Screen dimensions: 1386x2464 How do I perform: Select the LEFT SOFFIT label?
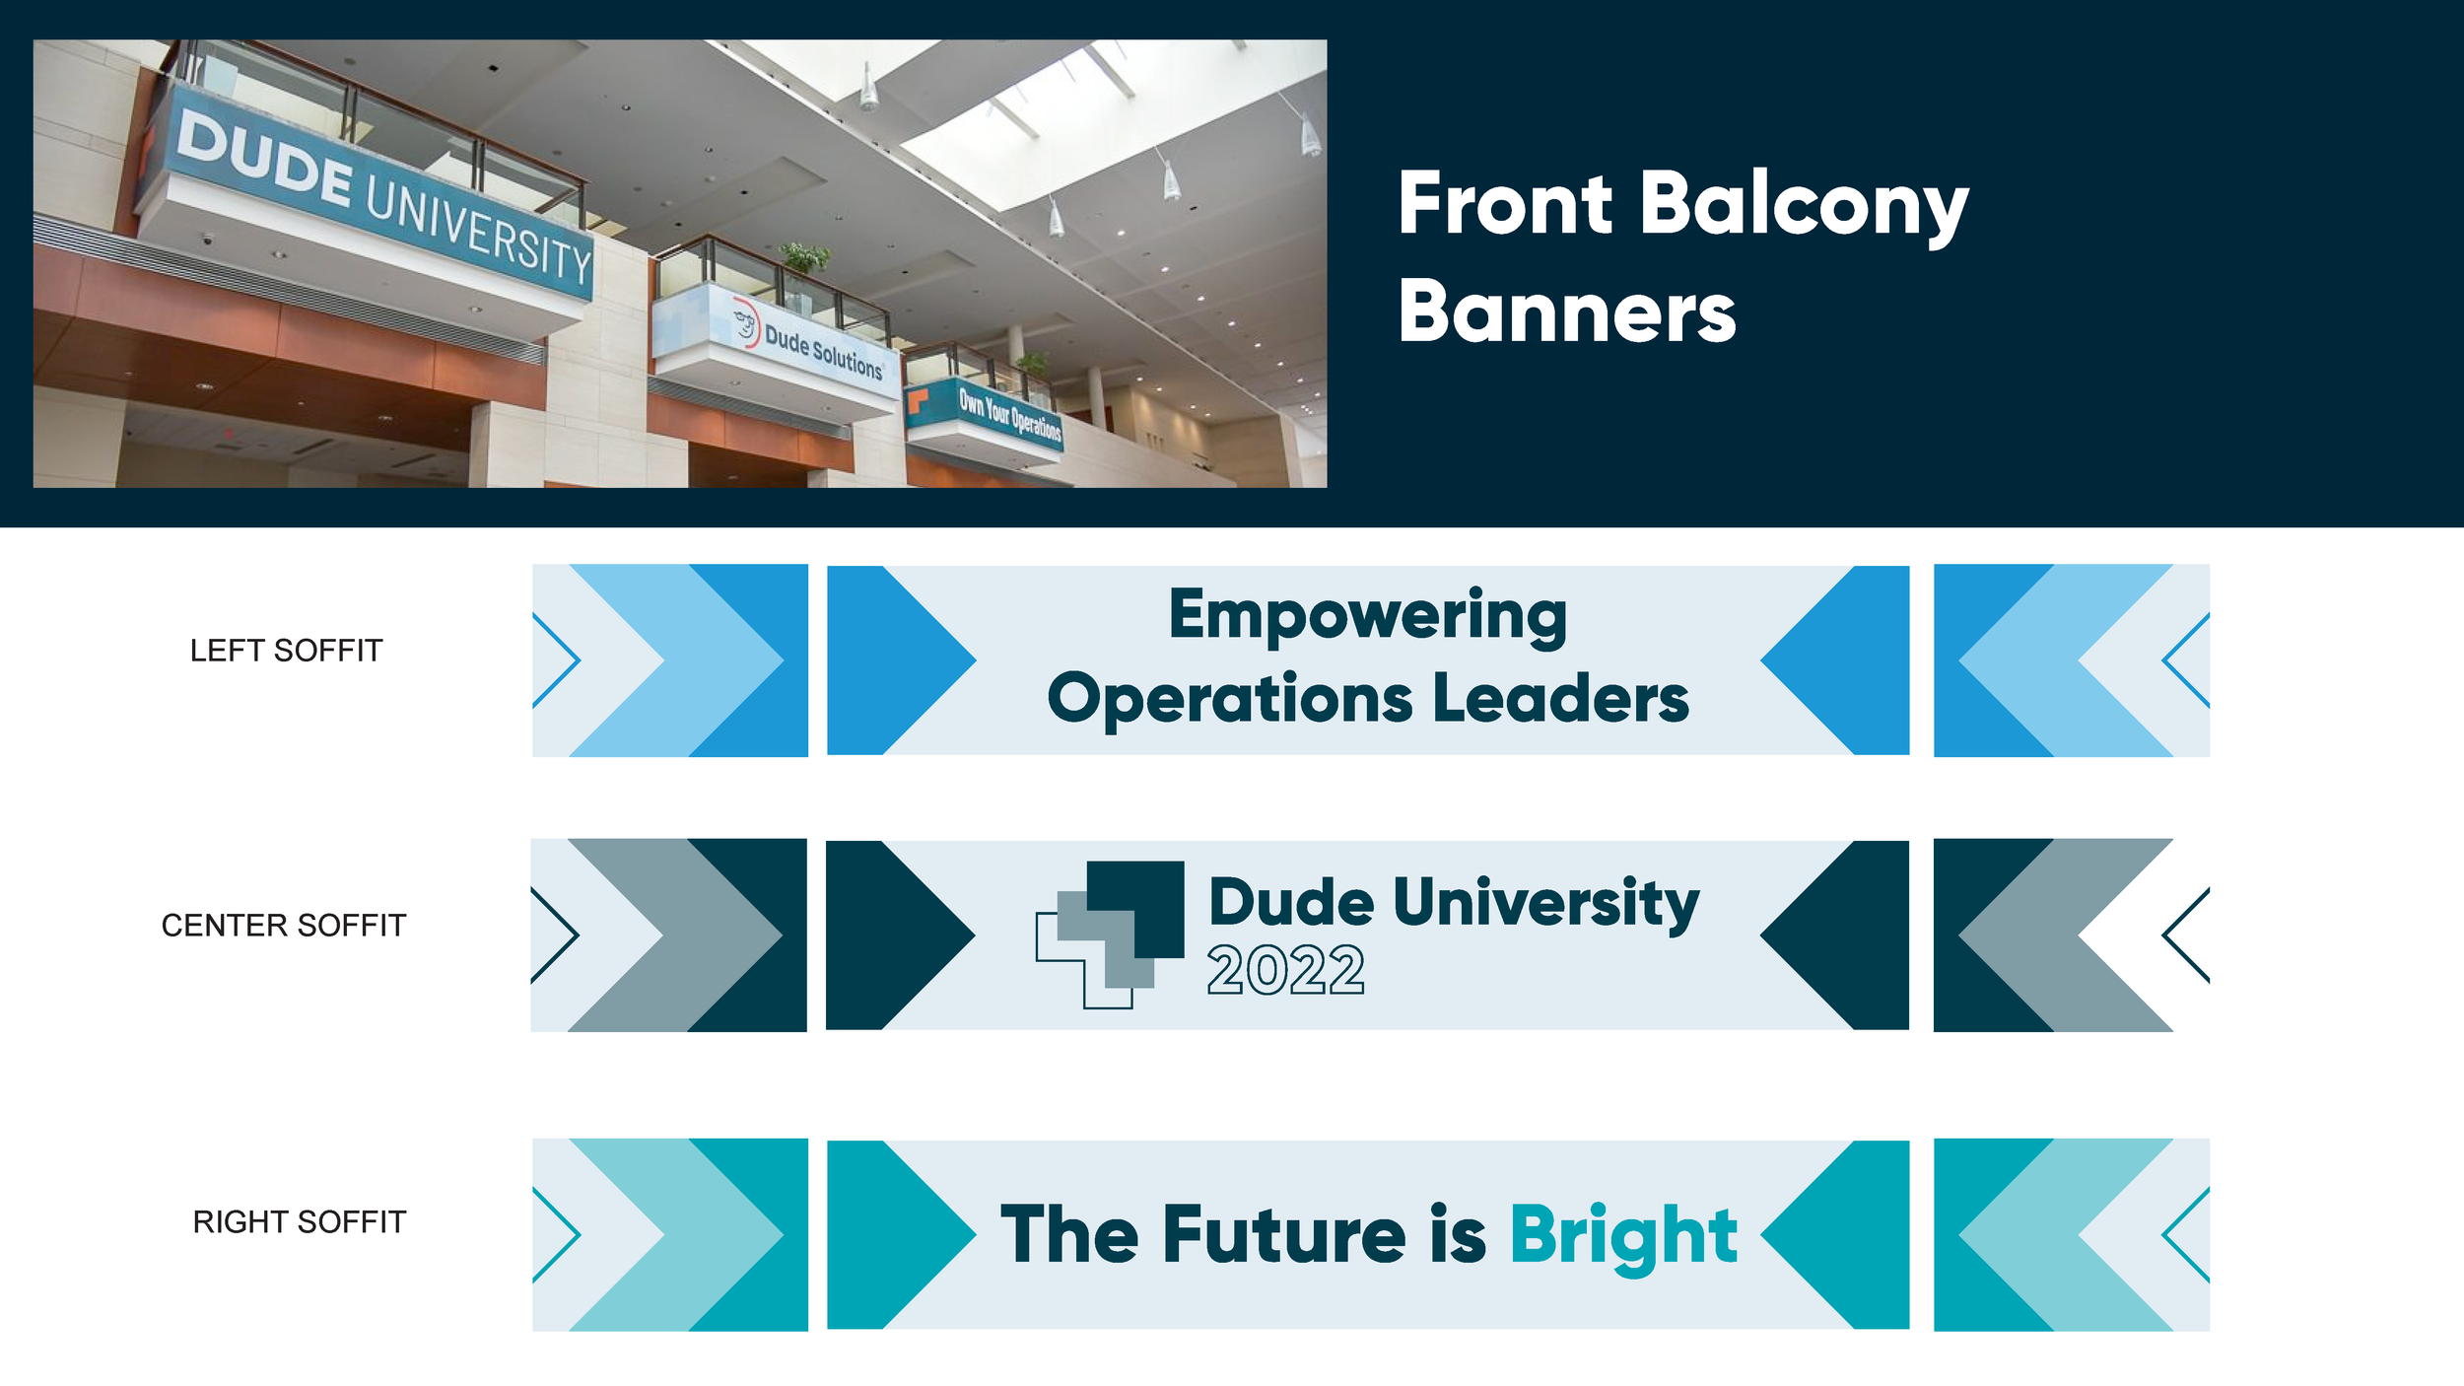tap(286, 651)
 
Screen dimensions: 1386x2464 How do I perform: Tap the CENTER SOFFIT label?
tap(283, 926)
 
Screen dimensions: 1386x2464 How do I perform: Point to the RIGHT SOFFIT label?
tap(299, 1222)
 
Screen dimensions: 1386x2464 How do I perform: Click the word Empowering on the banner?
tap(1367, 616)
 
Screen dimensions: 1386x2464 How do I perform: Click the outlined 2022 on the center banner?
tap(1285, 971)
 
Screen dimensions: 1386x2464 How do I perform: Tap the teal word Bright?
tap(1622, 1236)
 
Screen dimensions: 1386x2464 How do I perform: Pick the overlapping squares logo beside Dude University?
tap(1110, 934)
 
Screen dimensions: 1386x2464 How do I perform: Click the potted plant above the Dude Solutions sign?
tap(805, 259)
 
